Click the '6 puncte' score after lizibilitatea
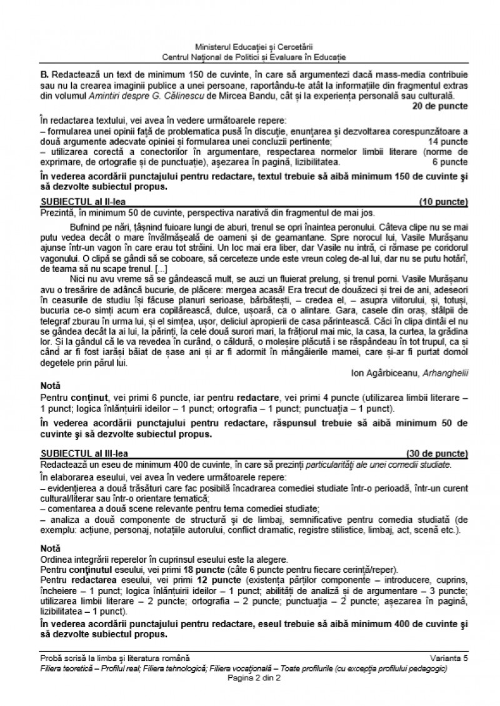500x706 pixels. [x=449, y=162]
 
